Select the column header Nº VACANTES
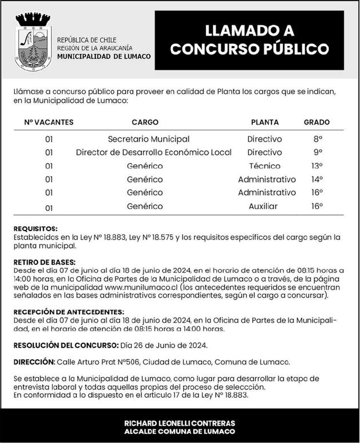pyautogui.click(x=49, y=122)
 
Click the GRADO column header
pyautogui.click(x=316, y=122)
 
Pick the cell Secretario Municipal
pyautogui.click(x=149, y=139)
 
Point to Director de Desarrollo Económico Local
pyautogui.click(x=154, y=153)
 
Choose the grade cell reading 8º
pyautogui.click(x=318, y=139)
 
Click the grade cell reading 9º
pyautogui.click(x=318, y=153)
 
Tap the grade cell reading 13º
pyautogui.click(x=317, y=166)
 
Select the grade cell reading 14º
pyautogui.click(x=317, y=179)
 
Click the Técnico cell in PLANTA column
pyautogui.click(x=265, y=166)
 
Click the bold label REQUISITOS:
pyautogui.click(x=35, y=228)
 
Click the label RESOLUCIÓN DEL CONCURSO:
pyautogui.click(x=66, y=345)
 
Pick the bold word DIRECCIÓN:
pyautogui.click(x=34, y=362)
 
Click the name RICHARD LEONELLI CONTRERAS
pyautogui.click(x=180, y=423)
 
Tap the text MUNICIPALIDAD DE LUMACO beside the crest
pyautogui.click(x=104, y=56)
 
